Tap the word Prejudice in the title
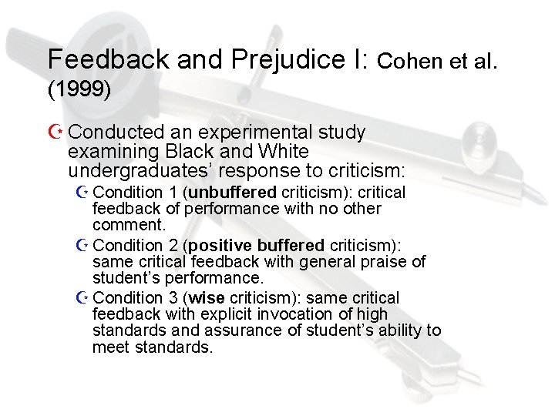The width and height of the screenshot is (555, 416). click(265, 59)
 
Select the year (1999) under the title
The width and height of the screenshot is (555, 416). click(79, 89)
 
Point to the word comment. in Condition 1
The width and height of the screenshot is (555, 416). click(129, 225)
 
